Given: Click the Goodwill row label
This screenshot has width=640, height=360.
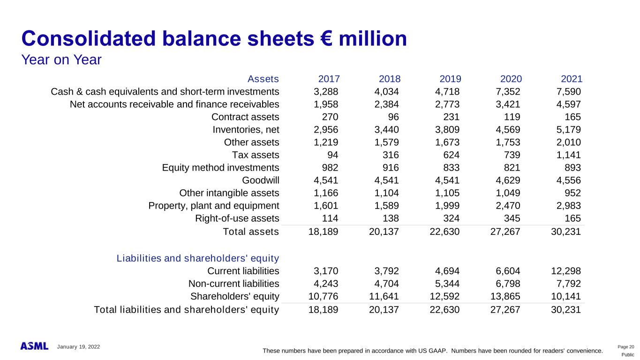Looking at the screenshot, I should (x=260, y=180).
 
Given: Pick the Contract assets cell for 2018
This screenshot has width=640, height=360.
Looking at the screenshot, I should (x=393, y=117).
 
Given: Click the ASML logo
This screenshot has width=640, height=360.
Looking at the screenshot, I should (x=34, y=346).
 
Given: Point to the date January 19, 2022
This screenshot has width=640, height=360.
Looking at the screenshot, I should (x=78, y=346).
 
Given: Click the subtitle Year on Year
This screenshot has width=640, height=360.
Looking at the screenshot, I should (x=61, y=60).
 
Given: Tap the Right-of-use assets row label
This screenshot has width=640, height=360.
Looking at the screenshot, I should (x=237, y=218).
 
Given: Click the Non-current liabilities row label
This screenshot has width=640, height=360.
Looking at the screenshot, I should (x=233, y=284).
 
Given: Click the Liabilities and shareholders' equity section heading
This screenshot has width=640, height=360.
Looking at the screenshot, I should (x=198, y=258).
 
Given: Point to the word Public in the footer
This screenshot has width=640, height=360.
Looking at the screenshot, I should (x=627, y=355).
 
